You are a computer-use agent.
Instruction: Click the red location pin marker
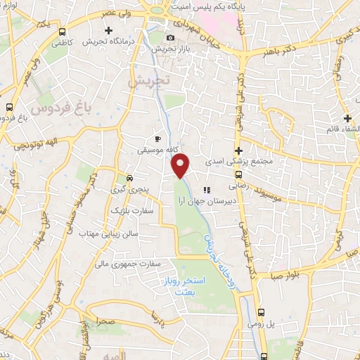click(x=181, y=166)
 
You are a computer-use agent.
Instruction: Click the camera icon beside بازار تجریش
click(x=170, y=37)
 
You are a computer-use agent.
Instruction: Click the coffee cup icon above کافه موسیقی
click(x=157, y=139)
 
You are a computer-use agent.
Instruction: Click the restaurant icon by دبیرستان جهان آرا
click(x=207, y=190)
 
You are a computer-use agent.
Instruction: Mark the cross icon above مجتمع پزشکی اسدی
click(x=239, y=150)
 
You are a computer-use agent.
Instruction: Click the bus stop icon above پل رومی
click(x=261, y=313)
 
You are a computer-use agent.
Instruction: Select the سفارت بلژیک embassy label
click(x=127, y=210)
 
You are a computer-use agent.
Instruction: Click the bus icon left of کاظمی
click(x=64, y=32)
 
